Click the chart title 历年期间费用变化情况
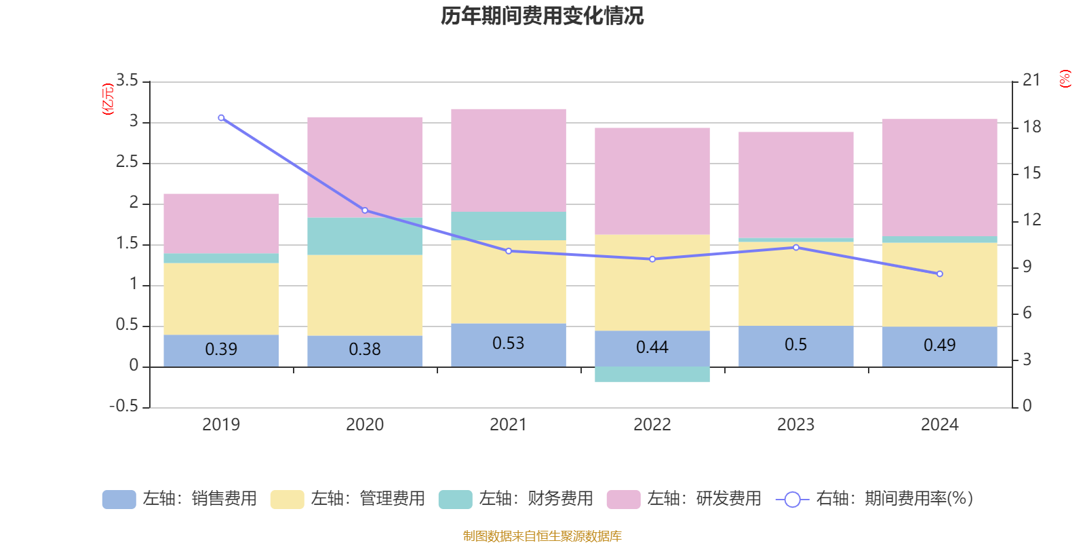(x=542, y=16)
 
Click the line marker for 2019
(x=221, y=118)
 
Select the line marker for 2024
(x=939, y=274)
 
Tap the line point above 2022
(x=652, y=259)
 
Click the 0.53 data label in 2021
(x=508, y=343)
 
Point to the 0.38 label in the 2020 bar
(x=365, y=350)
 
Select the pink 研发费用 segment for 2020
(x=365, y=166)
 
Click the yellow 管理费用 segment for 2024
(x=939, y=285)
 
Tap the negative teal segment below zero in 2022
(x=652, y=375)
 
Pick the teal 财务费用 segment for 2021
(x=508, y=226)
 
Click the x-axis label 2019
(x=221, y=425)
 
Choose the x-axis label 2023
(x=795, y=425)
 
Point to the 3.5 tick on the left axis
(x=127, y=81)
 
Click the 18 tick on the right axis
(x=1031, y=127)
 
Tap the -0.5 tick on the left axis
(x=123, y=407)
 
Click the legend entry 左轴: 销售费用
(x=180, y=499)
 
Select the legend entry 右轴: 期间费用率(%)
(x=875, y=499)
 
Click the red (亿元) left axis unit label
(x=108, y=99)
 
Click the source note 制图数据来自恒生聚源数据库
(x=542, y=536)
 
